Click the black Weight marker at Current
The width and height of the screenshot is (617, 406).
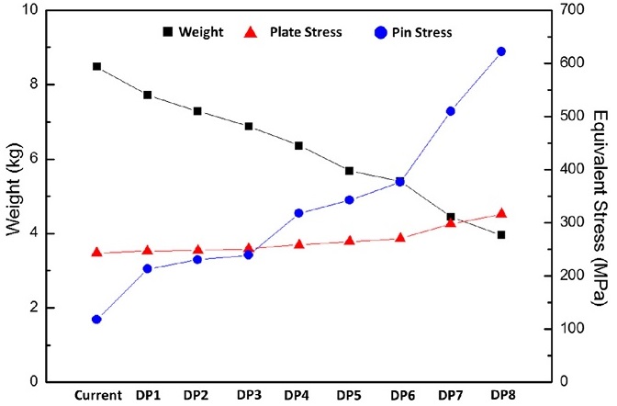tap(96, 66)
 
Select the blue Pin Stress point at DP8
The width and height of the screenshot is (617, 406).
tap(501, 51)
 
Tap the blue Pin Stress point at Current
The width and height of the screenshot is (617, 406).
tap(96, 319)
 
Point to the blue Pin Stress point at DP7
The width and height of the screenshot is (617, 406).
tap(451, 111)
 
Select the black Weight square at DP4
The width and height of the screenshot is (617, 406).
tap(298, 145)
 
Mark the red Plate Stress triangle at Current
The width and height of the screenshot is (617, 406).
tap(96, 252)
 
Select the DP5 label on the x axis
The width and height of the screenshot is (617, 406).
tap(349, 395)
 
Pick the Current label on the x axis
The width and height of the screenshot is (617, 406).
tap(97, 395)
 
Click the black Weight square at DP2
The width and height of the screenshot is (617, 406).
tap(197, 111)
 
